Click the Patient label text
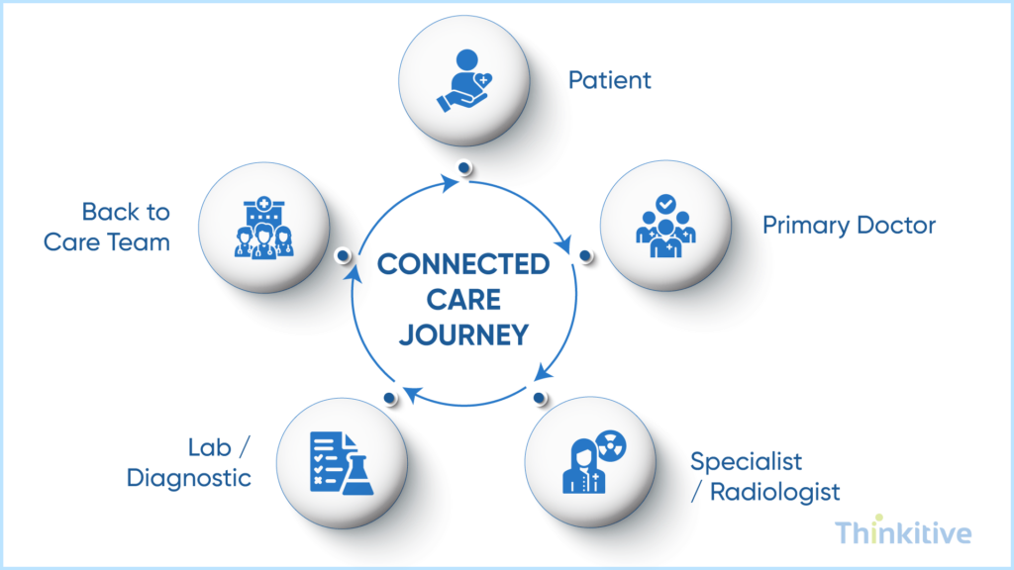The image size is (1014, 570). coord(609,80)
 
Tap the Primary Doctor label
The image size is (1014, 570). coord(849,226)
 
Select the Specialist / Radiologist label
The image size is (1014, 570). coord(764,476)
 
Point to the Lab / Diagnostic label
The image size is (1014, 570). coord(188,463)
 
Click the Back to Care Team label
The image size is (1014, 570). coord(107,227)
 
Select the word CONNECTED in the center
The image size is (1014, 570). coord(462,264)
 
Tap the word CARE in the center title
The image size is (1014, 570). coord(462,300)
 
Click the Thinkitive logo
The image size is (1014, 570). coord(903,533)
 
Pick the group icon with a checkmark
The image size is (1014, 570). coord(665,227)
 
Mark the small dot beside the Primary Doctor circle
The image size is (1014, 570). coord(585,256)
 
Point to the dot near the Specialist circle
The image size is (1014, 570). coord(539,398)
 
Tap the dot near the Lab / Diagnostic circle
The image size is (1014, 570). coord(389,399)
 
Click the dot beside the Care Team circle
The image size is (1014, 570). coord(343,255)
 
